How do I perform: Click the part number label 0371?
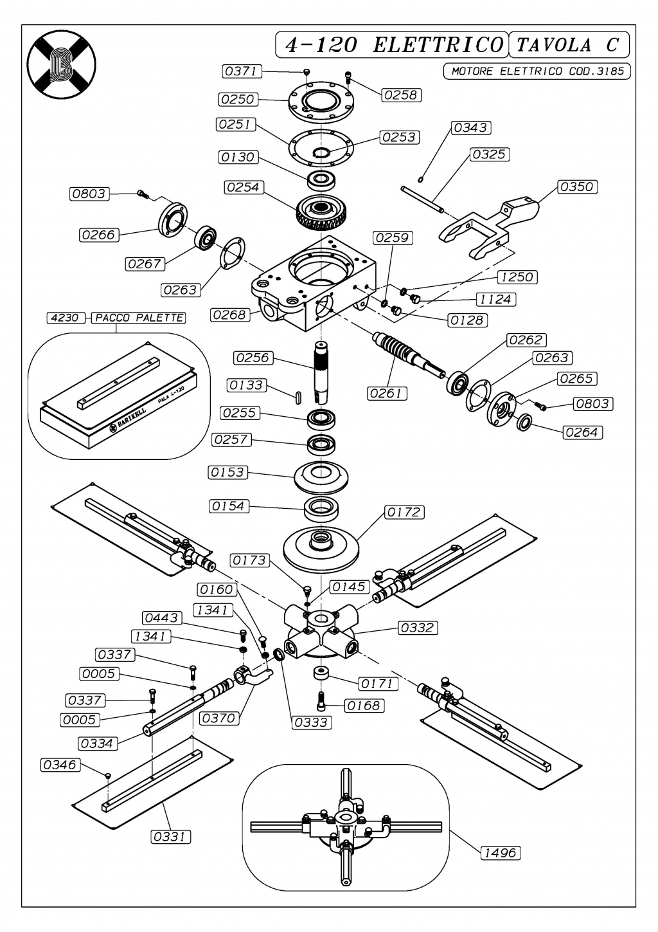coord(242,71)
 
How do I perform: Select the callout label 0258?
coord(401,95)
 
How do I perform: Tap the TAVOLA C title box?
coord(568,44)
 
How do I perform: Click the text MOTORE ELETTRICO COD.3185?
coord(537,71)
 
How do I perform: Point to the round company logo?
coord(62,64)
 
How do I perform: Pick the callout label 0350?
coord(577,187)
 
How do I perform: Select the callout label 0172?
coord(404,512)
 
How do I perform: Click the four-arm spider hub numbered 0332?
coord(321,632)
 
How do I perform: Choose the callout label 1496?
coord(501,853)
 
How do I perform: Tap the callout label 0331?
coord(170,836)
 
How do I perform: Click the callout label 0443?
coord(162,618)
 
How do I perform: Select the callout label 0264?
coord(582,432)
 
